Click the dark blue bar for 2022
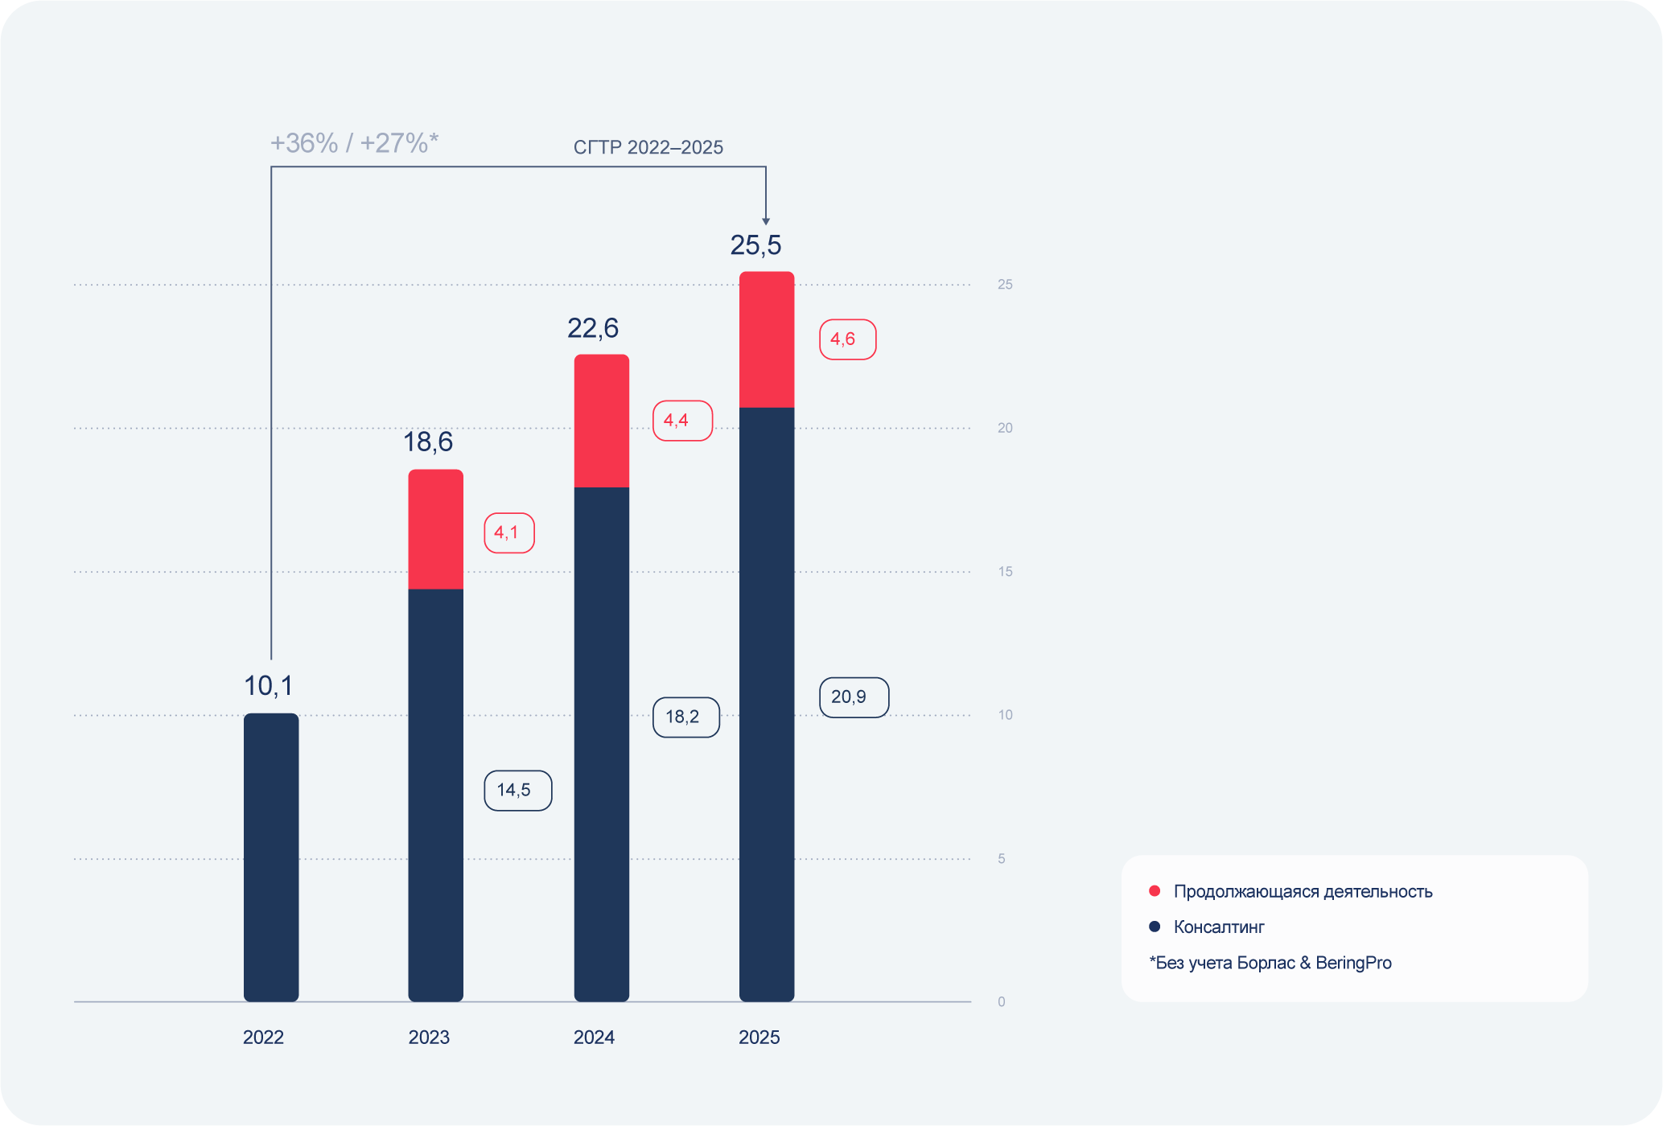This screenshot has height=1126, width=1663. pyautogui.click(x=271, y=857)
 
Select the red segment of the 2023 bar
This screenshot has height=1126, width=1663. pyautogui.click(x=435, y=529)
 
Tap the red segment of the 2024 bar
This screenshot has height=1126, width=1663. pyautogui.click(x=601, y=421)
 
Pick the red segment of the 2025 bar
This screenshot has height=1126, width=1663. pyautogui.click(x=767, y=339)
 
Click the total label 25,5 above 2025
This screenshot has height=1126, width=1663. pyautogui.click(x=755, y=245)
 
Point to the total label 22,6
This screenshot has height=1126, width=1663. pyautogui.click(x=593, y=328)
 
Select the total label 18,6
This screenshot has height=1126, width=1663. pyautogui.click(x=428, y=442)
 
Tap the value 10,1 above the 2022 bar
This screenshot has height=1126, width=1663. pyautogui.click(x=268, y=686)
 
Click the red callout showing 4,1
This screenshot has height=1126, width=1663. pyautogui.click(x=508, y=532)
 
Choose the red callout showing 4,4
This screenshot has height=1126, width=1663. pyautogui.click(x=681, y=421)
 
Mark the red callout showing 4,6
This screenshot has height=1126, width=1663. pyautogui.click(x=847, y=339)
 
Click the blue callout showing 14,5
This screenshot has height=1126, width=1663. pyautogui.click(x=517, y=791)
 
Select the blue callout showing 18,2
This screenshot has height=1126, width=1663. pyautogui.click(x=685, y=717)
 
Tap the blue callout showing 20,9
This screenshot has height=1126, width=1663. pyautogui.click(x=854, y=697)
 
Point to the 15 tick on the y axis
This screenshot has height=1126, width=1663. pyautogui.click(x=1005, y=572)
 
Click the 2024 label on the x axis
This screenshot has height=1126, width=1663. pyautogui.click(x=594, y=1038)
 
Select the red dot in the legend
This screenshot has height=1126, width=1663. pyautogui.click(x=1155, y=891)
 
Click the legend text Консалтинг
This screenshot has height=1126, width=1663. pyautogui.click(x=1219, y=927)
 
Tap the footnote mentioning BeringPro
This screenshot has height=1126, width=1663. pyautogui.click(x=1270, y=963)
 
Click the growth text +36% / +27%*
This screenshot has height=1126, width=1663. pyautogui.click(x=354, y=143)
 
